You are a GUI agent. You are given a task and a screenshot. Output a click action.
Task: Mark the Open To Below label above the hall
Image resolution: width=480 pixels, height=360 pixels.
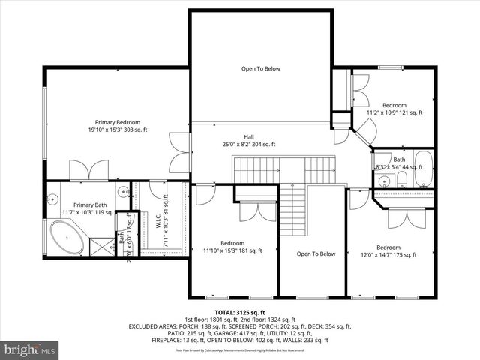pos(260,69)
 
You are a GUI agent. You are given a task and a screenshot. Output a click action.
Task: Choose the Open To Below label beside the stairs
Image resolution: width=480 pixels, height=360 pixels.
pos(316,253)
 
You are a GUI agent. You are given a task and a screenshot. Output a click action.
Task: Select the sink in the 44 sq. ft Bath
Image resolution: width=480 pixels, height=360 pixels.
pos(383,181)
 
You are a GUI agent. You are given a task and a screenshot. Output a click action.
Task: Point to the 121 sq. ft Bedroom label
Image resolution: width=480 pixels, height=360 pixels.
pos(394,109)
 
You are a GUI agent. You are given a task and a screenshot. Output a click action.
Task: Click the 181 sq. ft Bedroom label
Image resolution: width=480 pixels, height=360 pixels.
pos(232,247)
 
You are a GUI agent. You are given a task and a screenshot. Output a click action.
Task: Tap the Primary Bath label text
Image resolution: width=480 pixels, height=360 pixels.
pos(91,208)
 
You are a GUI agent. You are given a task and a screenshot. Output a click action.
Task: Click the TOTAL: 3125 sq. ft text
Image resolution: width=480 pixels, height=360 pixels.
pos(240,312)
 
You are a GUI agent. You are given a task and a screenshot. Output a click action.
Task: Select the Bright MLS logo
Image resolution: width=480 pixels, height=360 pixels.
pos(30,349)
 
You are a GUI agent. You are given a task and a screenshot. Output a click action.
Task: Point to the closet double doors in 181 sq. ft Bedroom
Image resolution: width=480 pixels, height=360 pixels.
pos(248,211)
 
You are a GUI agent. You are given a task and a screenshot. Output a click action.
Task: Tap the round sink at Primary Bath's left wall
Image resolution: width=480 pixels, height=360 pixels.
pos(52,199)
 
